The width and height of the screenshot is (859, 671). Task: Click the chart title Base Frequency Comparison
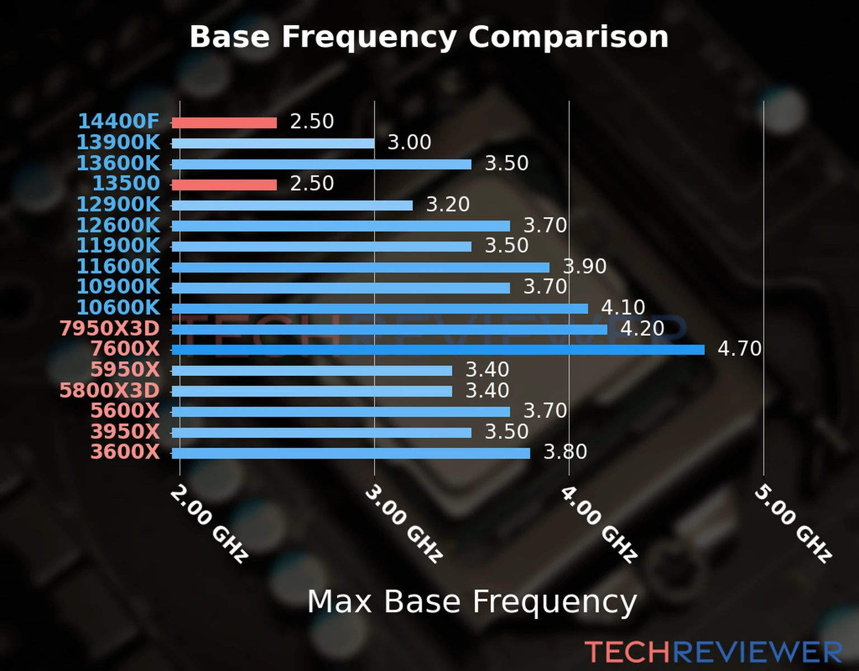click(x=429, y=37)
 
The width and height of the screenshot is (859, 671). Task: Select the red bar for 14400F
click(x=224, y=123)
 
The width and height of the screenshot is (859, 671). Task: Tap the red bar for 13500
click(x=224, y=185)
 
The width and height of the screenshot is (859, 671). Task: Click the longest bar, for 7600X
click(x=437, y=350)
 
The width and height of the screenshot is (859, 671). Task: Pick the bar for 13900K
click(x=273, y=144)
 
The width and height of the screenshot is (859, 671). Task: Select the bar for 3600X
click(x=351, y=453)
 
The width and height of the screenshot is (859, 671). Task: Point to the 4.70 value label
click(x=739, y=349)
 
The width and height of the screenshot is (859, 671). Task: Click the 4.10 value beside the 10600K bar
click(x=623, y=308)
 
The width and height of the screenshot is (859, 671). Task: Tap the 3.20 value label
click(x=447, y=205)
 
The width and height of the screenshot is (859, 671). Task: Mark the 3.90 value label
click(x=584, y=267)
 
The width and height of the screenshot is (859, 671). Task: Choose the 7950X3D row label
click(x=110, y=329)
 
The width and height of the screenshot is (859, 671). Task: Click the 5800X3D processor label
click(x=110, y=390)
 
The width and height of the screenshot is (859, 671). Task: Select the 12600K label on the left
click(x=118, y=225)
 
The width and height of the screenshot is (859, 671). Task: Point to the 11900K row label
click(x=118, y=245)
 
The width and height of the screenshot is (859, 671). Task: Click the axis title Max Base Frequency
click(x=472, y=602)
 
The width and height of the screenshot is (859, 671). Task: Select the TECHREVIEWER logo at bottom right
click(x=713, y=652)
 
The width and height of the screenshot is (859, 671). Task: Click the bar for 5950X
click(x=311, y=371)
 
